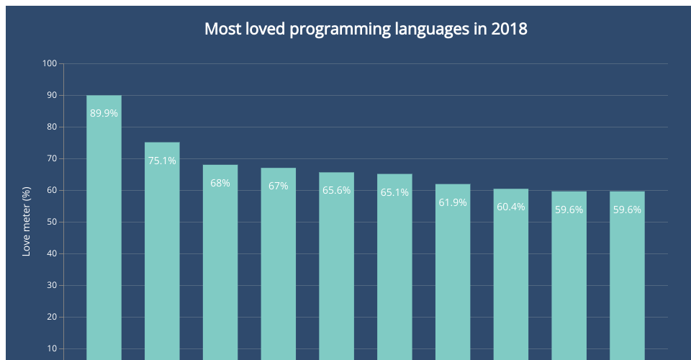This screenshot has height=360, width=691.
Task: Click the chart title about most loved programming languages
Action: click(x=366, y=30)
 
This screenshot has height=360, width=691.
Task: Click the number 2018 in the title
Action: click(x=510, y=30)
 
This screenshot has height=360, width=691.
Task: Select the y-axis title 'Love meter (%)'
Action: click(x=27, y=222)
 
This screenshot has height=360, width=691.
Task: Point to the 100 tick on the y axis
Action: click(x=49, y=63)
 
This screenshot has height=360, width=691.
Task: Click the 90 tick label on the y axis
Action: click(x=51, y=95)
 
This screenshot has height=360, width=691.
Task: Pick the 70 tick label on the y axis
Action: click(x=51, y=158)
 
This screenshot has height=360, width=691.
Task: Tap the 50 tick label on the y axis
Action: click(x=51, y=222)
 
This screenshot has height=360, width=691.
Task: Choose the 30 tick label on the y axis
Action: click(x=51, y=285)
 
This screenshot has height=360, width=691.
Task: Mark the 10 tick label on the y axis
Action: click(x=51, y=348)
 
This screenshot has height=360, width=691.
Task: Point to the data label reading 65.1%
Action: click(x=394, y=192)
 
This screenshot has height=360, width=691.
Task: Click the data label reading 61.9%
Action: click(x=453, y=202)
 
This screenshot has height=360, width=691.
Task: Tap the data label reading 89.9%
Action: click(x=104, y=113)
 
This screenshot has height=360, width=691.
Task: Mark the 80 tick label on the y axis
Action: click(x=51, y=127)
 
